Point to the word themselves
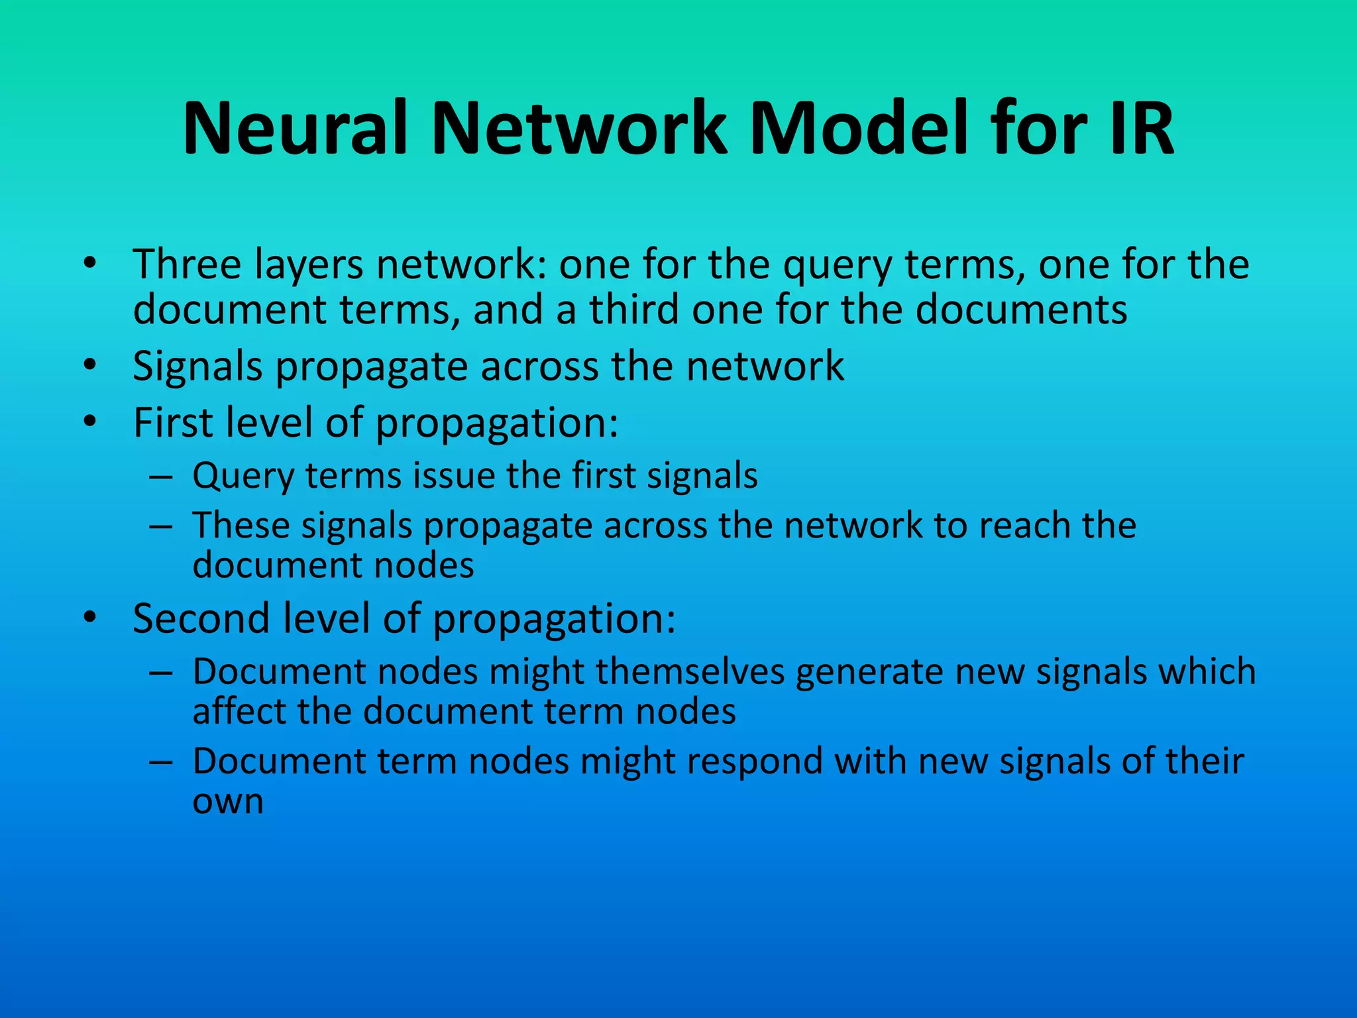point(690,671)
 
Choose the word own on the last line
point(228,801)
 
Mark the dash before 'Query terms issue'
point(161,477)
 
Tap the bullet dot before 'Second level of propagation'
point(90,618)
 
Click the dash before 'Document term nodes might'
point(161,762)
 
